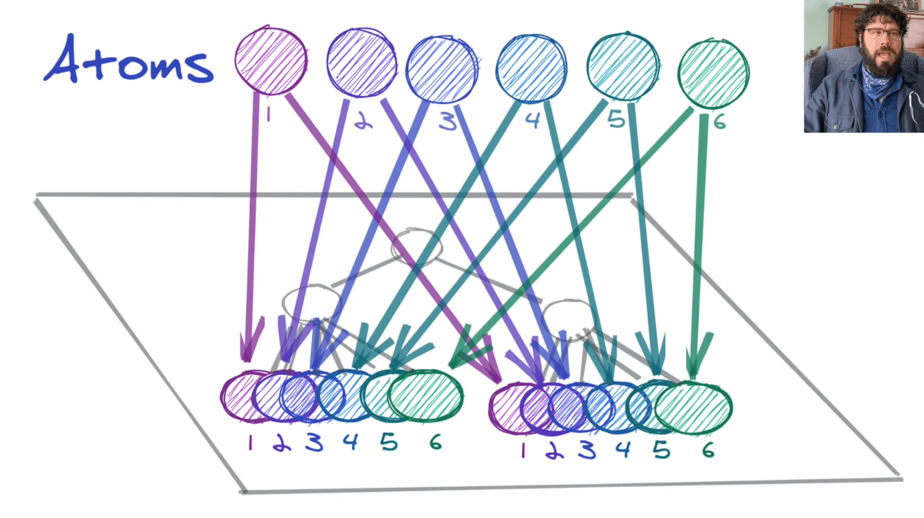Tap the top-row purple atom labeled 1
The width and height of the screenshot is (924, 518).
tap(271, 61)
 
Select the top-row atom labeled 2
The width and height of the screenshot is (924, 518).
tap(361, 62)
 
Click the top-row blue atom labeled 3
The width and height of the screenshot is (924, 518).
tap(441, 69)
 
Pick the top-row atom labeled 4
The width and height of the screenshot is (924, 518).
tap(531, 68)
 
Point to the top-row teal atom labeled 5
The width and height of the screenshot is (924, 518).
tap(623, 66)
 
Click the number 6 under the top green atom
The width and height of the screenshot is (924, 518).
tap(719, 122)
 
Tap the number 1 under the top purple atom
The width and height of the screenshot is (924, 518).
tap(268, 115)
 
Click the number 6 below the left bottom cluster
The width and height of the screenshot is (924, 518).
tap(435, 442)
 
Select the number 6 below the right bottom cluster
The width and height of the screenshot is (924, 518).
tap(708, 450)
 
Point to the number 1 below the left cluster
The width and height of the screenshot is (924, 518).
tap(250, 442)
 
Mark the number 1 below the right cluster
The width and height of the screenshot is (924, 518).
tap(523, 450)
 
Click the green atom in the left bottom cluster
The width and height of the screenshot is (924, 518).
tap(426, 395)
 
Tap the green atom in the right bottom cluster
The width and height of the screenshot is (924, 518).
tap(693, 408)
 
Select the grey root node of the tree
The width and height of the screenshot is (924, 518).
tap(417, 246)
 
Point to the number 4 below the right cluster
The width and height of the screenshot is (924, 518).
tap(623, 450)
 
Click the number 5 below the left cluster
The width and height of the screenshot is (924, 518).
tap(388, 442)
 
